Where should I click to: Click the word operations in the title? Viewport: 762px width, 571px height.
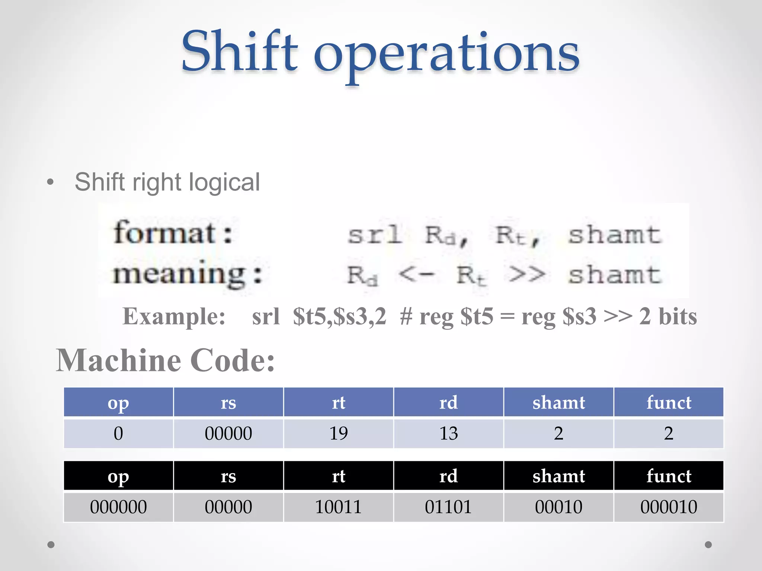pos(446,54)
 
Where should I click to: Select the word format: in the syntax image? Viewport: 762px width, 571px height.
pos(173,233)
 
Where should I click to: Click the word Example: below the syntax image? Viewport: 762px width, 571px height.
pos(174,317)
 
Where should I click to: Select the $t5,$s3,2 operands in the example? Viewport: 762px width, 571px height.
pos(339,317)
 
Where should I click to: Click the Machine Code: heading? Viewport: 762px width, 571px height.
pos(165,361)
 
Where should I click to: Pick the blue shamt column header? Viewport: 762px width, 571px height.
pos(558,403)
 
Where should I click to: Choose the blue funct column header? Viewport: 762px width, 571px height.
pos(669,403)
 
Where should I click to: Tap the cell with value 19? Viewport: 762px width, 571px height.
pos(339,433)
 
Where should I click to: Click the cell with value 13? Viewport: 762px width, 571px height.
pos(448,433)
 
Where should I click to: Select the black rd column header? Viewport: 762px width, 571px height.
pos(448,476)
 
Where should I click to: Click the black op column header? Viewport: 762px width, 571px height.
pos(118,476)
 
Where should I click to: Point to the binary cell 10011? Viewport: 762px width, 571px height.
pos(339,507)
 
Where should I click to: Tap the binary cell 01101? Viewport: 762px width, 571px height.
pos(448,507)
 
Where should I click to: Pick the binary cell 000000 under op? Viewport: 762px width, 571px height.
pos(118,507)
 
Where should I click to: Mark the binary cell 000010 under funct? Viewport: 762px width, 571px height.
pos(669,507)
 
